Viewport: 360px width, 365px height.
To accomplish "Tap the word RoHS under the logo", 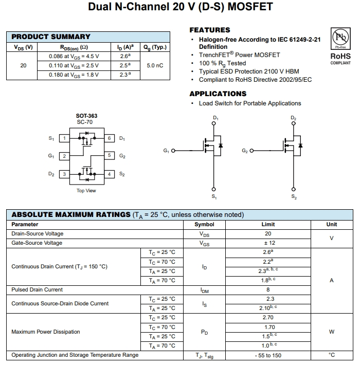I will tap(340, 56).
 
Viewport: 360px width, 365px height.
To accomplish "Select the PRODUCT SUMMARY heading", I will tap(51, 36).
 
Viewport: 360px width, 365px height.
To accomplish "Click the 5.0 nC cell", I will tap(155, 65).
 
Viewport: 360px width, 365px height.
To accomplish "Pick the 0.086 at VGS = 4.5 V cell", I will tap(74, 56).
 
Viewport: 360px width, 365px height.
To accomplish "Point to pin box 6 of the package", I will tap(110, 138).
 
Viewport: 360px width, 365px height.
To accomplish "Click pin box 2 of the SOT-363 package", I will tap(64, 156).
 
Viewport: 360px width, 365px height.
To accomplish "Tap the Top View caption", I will tap(86, 191).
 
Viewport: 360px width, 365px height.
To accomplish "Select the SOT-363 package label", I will tap(86, 116).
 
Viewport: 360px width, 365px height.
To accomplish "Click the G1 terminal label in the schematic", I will tap(166, 151).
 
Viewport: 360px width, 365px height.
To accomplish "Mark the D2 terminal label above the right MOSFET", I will tap(293, 118).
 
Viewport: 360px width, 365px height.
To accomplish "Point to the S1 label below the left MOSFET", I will tap(214, 197).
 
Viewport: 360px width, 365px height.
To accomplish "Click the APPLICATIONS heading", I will tap(218, 94).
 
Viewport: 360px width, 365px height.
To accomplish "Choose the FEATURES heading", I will tap(210, 30).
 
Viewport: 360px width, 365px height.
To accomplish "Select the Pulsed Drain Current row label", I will tap(37, 289).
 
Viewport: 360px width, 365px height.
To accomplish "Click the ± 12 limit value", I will tap(268, 243).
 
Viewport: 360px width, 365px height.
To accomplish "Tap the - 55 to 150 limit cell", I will tap(268, 355).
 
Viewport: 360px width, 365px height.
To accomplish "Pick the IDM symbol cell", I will tap(204, 290).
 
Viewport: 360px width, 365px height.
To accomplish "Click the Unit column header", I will tap(332, 224).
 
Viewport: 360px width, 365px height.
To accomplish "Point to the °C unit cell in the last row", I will tap(332, 355).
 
